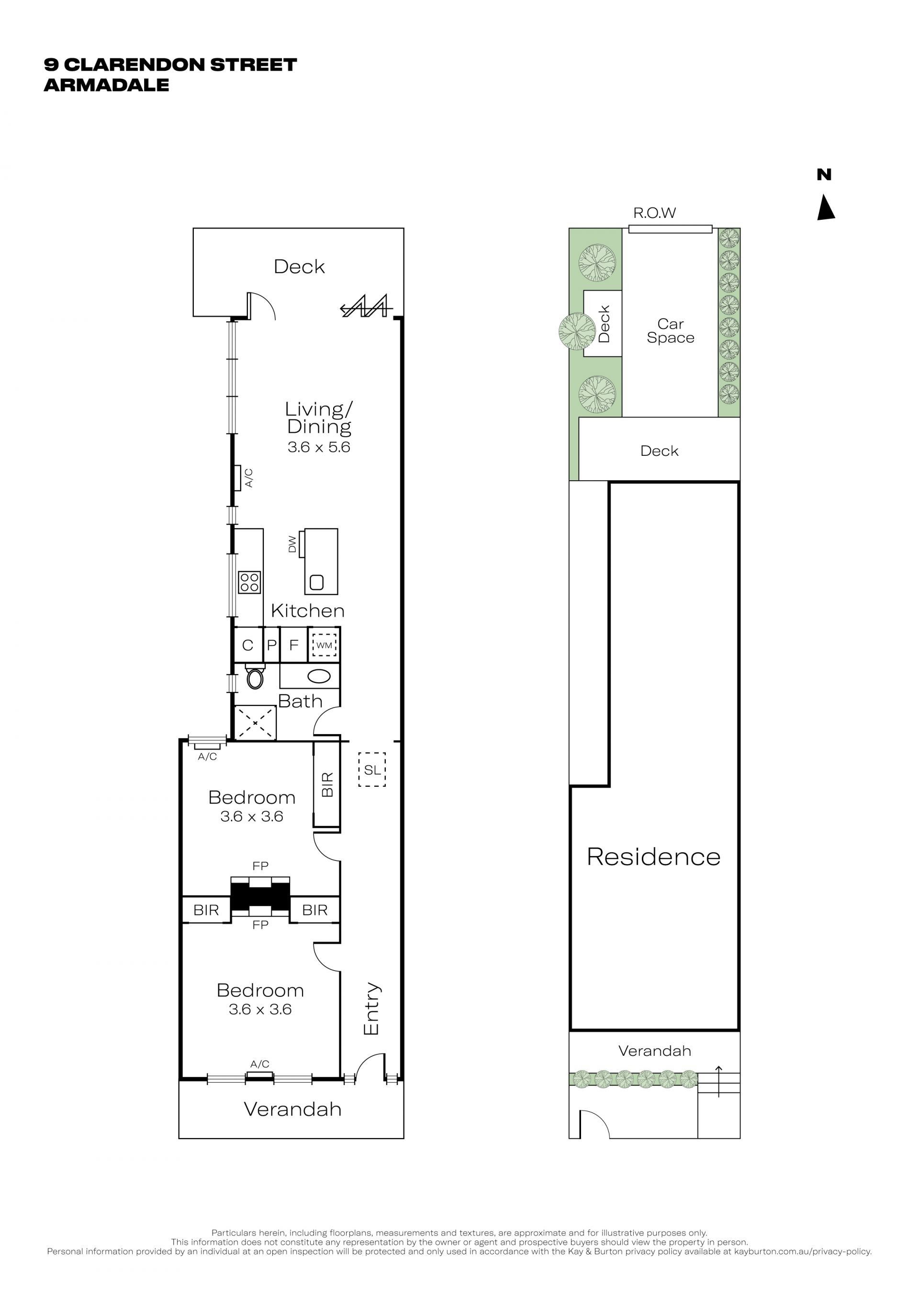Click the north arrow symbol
click(826, 208)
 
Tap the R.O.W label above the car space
click(654, 213)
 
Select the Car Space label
click(671, 331)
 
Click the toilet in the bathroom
click(255, 677)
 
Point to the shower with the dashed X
click(255, 723)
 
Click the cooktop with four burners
click(249, 582)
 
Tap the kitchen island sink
click(316, 582)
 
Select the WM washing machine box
click(324, 645)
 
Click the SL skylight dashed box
click(372, 770)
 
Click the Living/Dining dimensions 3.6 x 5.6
click(319, 447)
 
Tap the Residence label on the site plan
click(654, 857)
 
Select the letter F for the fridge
click(294, 645)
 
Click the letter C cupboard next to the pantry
click(247, 645)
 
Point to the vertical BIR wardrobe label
click(327, 785)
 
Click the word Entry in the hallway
click(371, 1009)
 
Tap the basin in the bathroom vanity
click(320, 676)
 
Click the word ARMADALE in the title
click(106, 85)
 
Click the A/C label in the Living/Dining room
click(248, 478)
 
